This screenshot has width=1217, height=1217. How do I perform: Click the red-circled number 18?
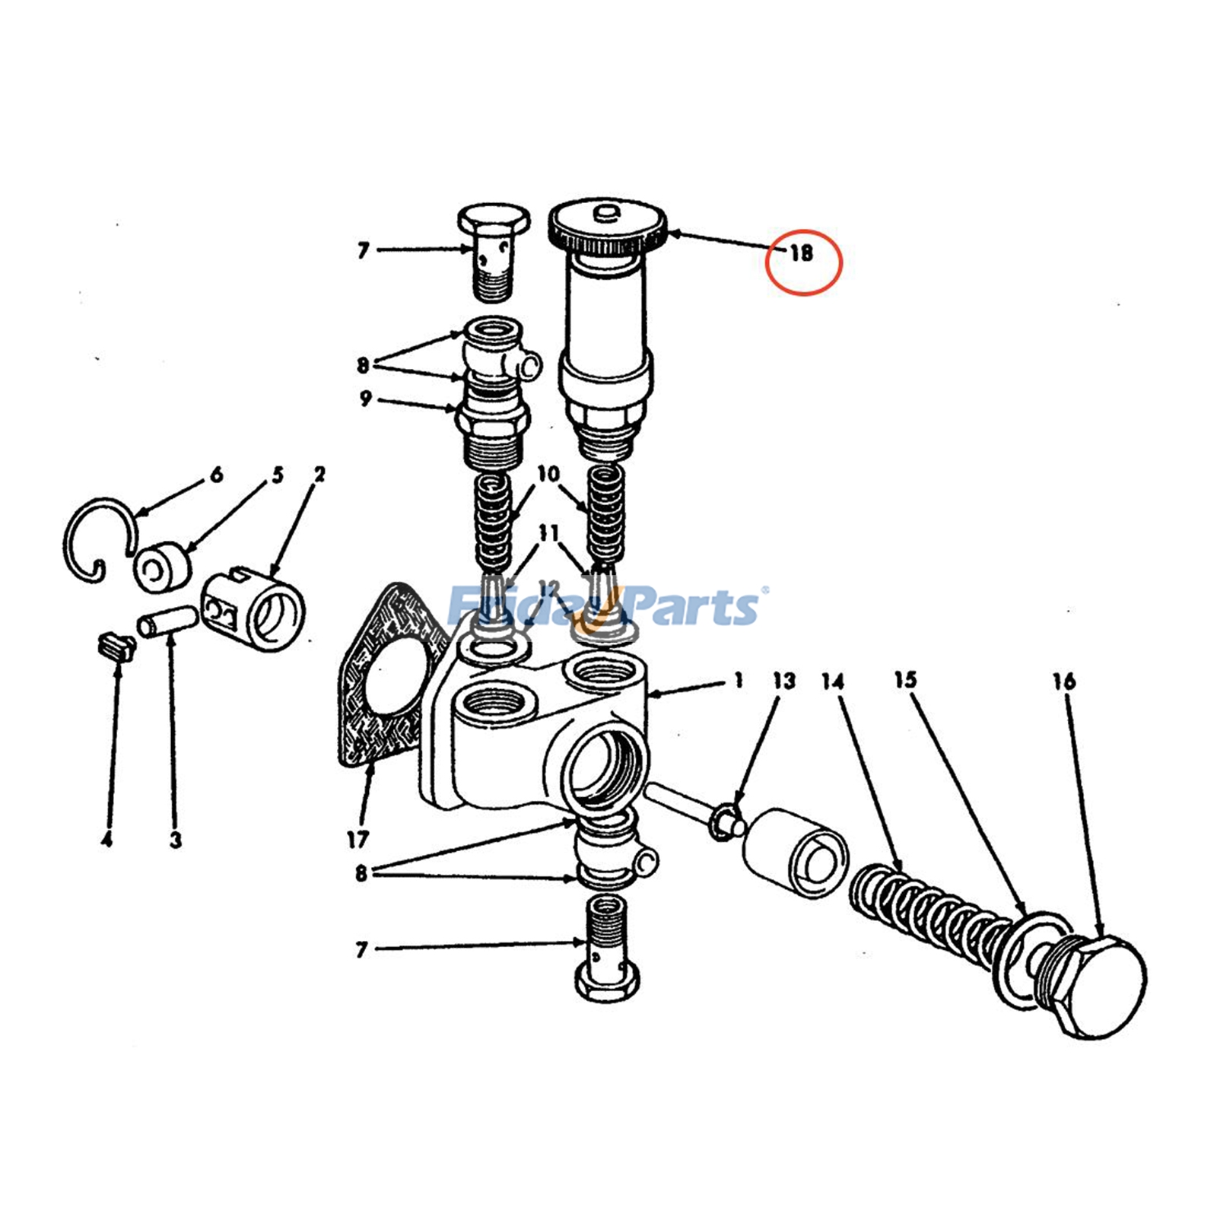coord(802,253)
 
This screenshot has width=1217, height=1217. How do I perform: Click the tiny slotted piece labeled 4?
coord(116,647)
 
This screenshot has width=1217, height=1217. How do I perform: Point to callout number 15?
coord(905,679)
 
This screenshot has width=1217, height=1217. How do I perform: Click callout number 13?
coord(783,679)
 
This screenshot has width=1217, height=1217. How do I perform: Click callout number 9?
coord(366,399)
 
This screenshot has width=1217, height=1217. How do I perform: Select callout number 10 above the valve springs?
coord(548,475)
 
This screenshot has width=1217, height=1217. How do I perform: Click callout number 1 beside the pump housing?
coord(738,679)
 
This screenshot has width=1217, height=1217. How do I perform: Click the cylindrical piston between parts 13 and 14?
coord(795,852)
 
